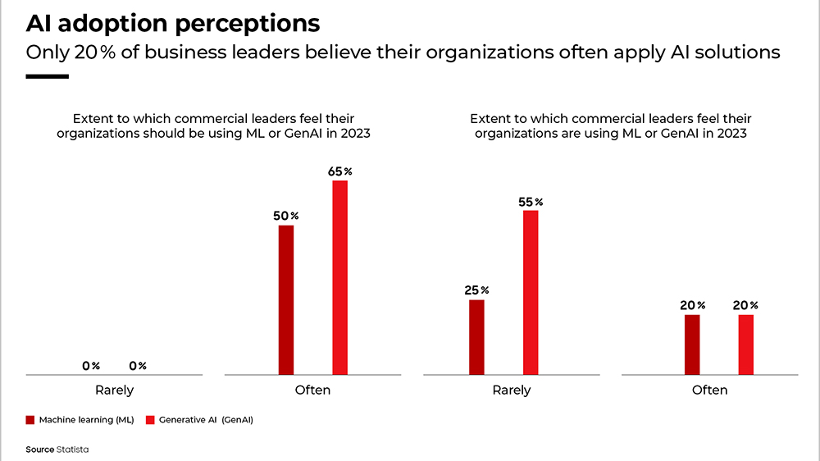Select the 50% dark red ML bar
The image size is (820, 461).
(x=286, y=299)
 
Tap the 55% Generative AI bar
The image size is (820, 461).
(x=531, y=292)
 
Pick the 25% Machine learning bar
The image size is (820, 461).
(x=477, y=337)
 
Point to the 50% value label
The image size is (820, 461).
(x=286, y=216)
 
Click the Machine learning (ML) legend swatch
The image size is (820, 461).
(x=30, y=420)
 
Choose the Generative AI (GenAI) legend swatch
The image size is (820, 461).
(x=150, y=420)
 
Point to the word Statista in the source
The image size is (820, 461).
(x=74, y=450)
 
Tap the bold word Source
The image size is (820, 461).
(x=39, y=450)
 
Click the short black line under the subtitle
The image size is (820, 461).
(x=47, y=76)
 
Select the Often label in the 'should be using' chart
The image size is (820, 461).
(x=312, y=390)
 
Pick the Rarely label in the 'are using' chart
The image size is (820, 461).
(x=512, y=390)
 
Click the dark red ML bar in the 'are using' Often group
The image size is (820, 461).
(x=692, y=345)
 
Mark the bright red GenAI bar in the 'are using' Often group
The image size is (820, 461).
(x=745, y=345)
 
